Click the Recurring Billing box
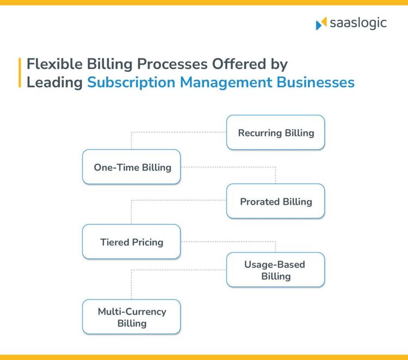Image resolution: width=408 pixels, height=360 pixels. pyautogui.click(x=275, y=132)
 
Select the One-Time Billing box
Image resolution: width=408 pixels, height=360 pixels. pyautogui.click(x=132, y=167)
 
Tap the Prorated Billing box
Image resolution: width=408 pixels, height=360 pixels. pyautogui.click(x=275, y=202)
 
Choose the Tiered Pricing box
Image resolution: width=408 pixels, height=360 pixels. pyautogui.click(x=132, y=242)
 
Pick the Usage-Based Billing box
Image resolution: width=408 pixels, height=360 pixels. pyautogui.click(x=275, y=270)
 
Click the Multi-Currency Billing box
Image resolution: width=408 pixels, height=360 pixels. pyautogui.click(x=132, y=317)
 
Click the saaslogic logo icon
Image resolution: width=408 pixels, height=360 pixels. pyautogui.click(x=321, y=23)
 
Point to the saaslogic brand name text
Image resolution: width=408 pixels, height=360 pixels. pyautogui.click(x=358, y=23)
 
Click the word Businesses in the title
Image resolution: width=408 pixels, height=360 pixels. pyautogui.click(x=316, y=83)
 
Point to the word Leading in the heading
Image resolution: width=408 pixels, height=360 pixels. pyautogui.click(x=54, y=83)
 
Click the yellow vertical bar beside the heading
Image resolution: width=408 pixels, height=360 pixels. pyautogui.click(x=20, y=73)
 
